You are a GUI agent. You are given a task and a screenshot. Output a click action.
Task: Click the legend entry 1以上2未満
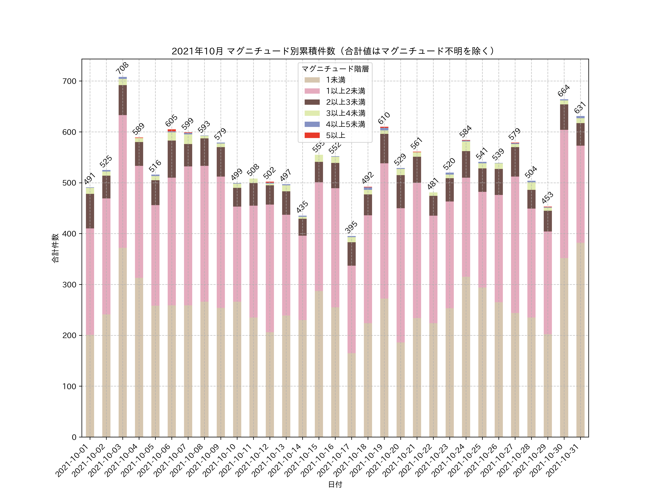tap(345, 91)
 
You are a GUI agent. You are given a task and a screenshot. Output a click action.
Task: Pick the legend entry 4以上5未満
tap(345, 124)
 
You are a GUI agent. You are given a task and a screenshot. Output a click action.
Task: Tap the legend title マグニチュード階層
tap(335, 69)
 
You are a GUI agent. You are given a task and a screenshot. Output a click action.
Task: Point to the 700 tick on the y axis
tap(69, 81)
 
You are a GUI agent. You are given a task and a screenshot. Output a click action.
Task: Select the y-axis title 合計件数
tap(55, 248)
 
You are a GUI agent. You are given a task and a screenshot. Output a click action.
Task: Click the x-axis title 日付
tap(335, 484)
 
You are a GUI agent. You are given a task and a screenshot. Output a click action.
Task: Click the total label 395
tap(351, 227)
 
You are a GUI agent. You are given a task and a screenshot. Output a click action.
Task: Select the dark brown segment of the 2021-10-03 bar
tap(123, 100)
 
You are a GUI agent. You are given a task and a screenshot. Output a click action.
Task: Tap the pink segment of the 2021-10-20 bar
tap(401, 275)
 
